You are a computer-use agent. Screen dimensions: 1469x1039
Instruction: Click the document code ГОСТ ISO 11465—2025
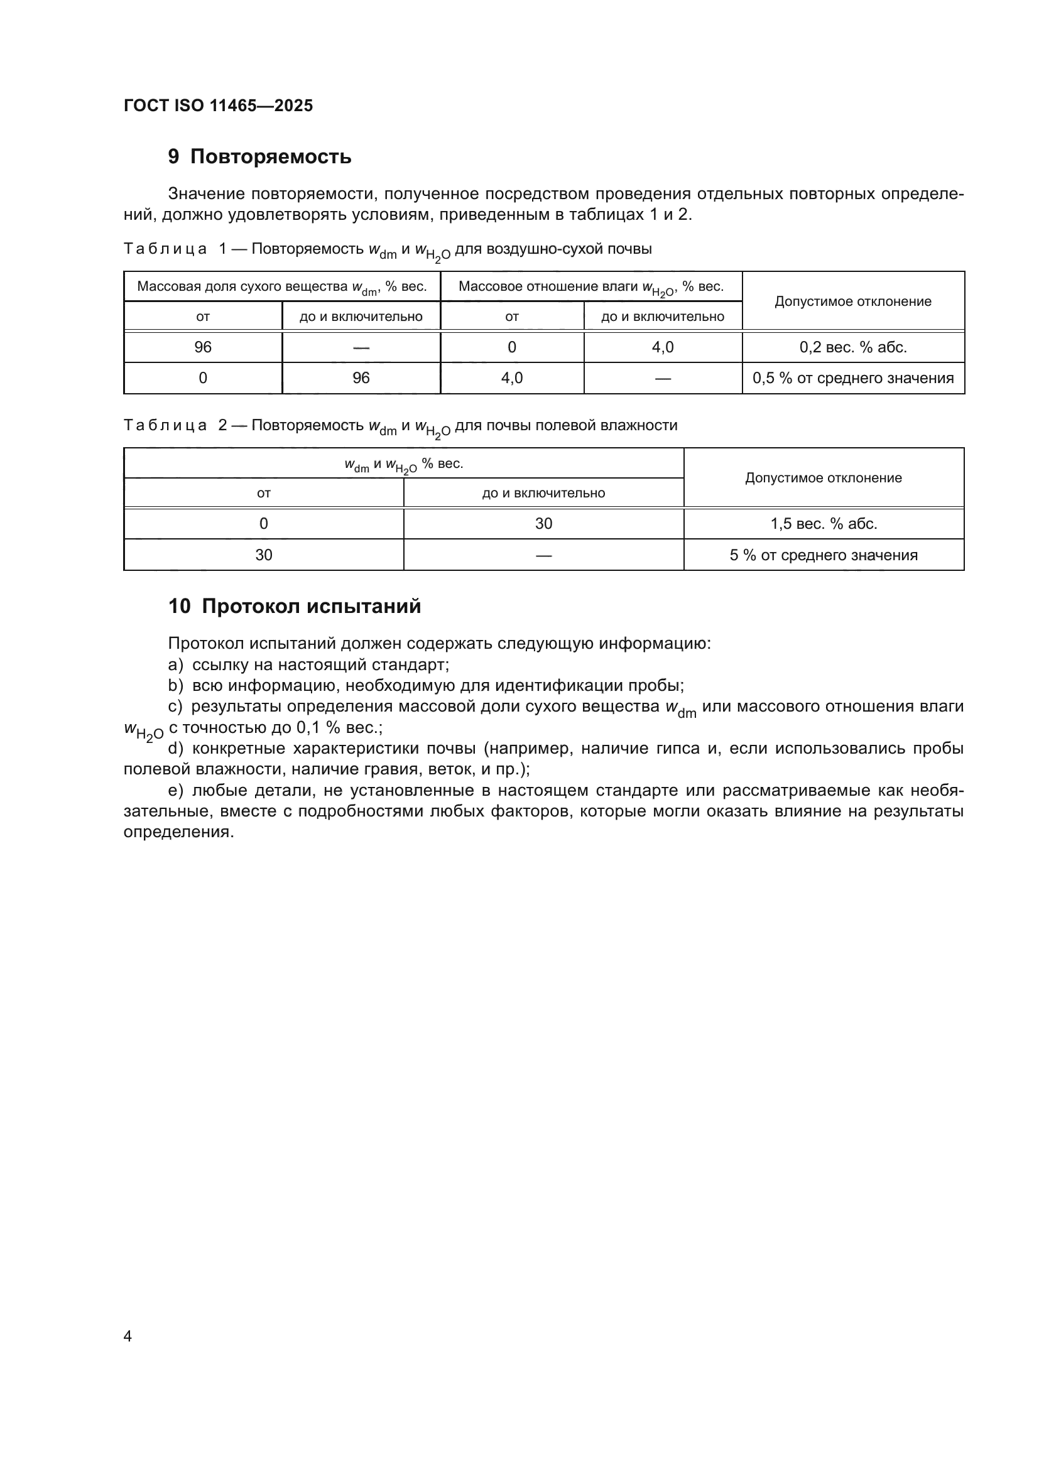coord(218,106)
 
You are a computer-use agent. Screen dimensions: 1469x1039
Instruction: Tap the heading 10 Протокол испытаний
coord(294,606)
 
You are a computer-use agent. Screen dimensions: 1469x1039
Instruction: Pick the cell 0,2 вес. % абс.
coord(853,347)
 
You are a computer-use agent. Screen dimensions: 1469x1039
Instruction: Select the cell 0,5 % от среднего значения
coord(853,378)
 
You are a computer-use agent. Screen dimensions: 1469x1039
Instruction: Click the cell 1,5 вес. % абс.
coord(824,524)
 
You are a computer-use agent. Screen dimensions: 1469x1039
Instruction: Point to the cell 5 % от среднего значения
coord(824,555)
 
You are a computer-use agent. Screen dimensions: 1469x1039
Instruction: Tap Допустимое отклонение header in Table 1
coord(853,301)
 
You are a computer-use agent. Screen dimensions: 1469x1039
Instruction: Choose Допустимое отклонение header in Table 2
coord(824,478)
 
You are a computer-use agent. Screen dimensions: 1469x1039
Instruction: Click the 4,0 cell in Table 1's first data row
coord(662,347)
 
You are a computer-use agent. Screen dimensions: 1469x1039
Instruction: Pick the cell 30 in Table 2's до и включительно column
coord(543,524)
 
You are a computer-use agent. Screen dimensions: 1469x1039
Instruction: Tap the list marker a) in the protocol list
coord(175,664)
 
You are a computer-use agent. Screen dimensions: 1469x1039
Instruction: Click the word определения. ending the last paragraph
coord(178,832)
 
